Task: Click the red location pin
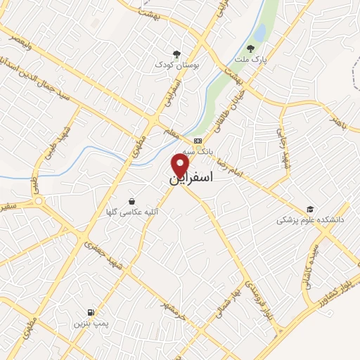pyautogui.click(x=181, y=165)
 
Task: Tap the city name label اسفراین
pyautogui.click(x=191, y=180)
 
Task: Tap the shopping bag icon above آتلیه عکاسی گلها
pyautogui.click(x=131, y=200)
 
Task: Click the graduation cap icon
pyautogui.click(x=310, y=209)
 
